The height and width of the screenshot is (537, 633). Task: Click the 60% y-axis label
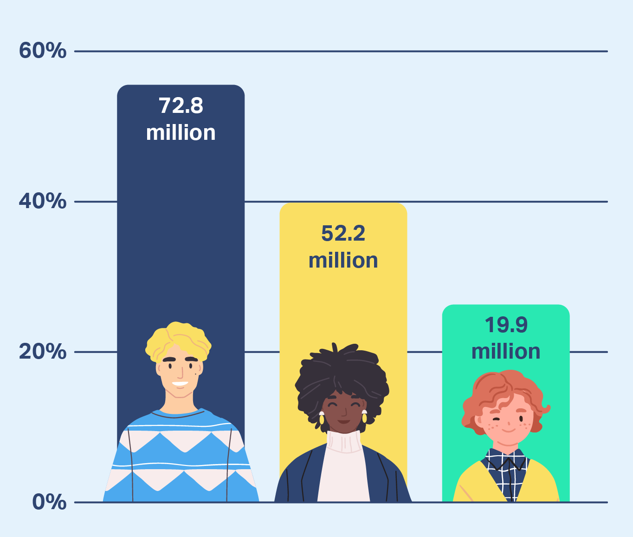pyautogui.click(x=42, y=51)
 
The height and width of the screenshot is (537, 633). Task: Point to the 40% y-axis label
pyautogui.click(x=42, y=201)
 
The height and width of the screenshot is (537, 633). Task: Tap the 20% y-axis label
pyautogui.click(x=42, y=352)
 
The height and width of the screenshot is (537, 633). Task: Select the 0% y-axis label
pyautogui.click(x=49, y=502)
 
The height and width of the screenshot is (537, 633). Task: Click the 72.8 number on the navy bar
pyautogui.click(x=181, y=106)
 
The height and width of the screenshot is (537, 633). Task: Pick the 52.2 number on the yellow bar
pyautogui.click(x=343, y=233)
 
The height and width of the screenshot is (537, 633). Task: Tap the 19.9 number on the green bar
pyautogui.click(x=506, y=325)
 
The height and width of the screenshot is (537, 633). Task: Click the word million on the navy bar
pyautogui.click(x=181, y=133)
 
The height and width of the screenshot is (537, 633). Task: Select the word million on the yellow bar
pyautogui.click(x=343, y=260)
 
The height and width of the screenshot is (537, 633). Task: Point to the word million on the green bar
pyautogui.click(x=506, y=352)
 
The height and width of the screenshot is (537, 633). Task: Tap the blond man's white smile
pyautogui.click(x=180, y=384)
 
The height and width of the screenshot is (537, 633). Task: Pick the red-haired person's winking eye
pyautogui.click(x=497, y=421)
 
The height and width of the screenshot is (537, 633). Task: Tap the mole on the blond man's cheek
pyautogui.click(x=195, y=374)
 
